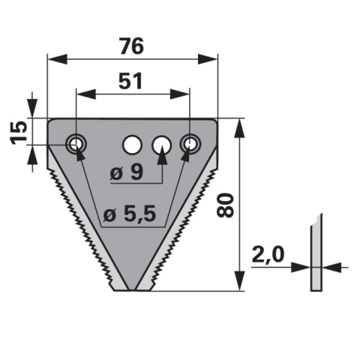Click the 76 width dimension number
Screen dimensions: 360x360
pos(132,46)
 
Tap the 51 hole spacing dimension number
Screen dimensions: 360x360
pos(130,81)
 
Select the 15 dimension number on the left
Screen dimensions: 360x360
pos(19,133)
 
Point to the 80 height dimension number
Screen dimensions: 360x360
pos(225,205)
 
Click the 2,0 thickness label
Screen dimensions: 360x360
pos(268,254)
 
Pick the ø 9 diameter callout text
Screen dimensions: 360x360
pos(127,172)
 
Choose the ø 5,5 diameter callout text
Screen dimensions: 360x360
pos(130,214)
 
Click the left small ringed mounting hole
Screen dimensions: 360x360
pos(76,144)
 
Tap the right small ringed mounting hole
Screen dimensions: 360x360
pos(190,144)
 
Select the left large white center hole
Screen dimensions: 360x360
pos(132,145)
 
